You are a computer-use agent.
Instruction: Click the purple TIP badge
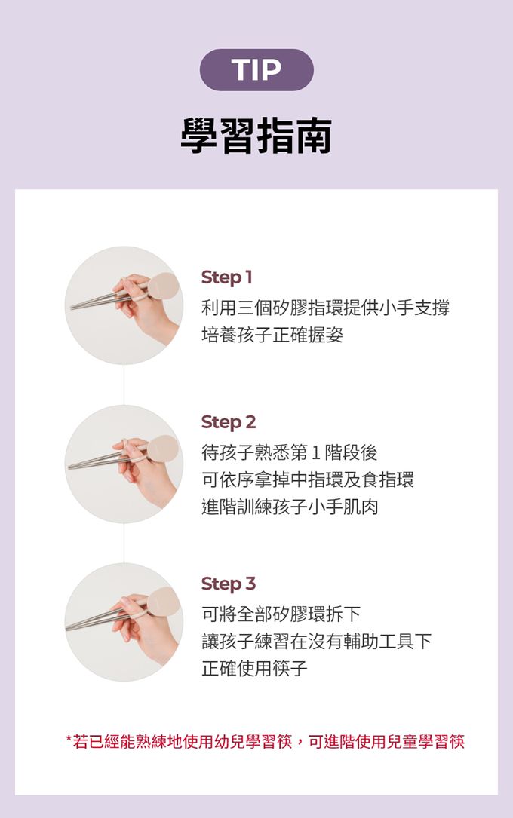tap(256, 70)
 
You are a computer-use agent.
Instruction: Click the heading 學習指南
tap(256, 136)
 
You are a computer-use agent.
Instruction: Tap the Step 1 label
tap(226, 277)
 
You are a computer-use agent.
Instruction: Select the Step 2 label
tap(229, 422)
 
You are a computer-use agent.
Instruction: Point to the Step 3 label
tap(229, 584)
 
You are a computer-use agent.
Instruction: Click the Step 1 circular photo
tap(124, 305)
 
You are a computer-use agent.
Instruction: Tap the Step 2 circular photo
tap(124, 464)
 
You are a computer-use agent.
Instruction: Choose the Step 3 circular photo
tap(124, 622)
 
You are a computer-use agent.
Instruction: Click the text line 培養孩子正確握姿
tap(272, 335)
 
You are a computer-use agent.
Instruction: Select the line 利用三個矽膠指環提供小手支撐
tap(326, 308)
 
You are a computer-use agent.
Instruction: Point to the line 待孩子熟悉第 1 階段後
tap(290, 453)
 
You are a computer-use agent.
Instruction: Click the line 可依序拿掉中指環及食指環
tap(308, 479)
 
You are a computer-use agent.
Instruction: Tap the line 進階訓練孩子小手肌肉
tap(290, 507)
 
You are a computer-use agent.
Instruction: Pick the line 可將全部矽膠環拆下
tap(281, 614)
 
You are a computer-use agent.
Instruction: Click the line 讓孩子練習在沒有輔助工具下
tap(317, 641)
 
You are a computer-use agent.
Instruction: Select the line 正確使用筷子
tap(255, 668)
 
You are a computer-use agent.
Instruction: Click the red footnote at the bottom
tap(265, 741)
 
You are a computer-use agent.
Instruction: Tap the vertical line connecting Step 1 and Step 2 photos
tap(124, 385)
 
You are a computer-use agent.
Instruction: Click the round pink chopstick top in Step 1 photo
tap(164, 286)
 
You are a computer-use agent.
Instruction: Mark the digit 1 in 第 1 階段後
tap(316, 453)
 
